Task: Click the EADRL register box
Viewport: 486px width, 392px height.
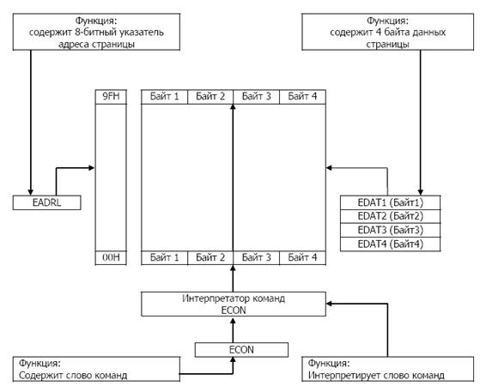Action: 47,202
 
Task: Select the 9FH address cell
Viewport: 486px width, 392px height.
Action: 111,97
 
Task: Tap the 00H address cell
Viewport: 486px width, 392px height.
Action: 111,257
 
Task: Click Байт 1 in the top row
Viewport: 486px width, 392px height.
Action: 164,97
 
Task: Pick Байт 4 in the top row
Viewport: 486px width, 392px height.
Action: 302,97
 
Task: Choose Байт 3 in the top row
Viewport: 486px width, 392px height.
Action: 257,97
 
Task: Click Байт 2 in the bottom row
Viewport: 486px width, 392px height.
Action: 210,257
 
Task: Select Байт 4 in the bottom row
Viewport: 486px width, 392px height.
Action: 302,257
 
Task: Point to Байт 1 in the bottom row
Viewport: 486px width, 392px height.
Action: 164,257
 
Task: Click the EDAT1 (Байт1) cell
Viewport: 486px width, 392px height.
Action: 390,202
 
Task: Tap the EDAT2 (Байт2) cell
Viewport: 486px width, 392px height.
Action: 390,216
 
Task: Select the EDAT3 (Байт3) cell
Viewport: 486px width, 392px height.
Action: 390,231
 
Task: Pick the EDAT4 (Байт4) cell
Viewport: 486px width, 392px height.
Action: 390,244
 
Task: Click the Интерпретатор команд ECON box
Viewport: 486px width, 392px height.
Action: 234,304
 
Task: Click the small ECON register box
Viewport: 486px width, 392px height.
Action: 241,350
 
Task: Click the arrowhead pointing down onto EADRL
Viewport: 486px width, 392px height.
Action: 30,192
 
